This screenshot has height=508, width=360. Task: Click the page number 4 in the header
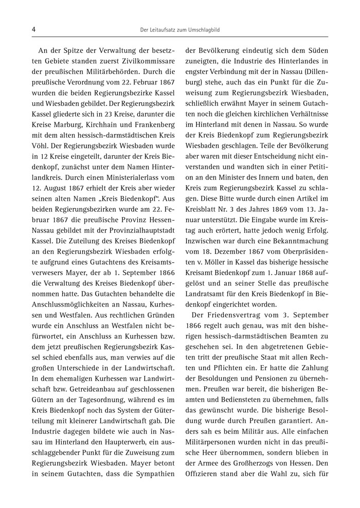(33, 30)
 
